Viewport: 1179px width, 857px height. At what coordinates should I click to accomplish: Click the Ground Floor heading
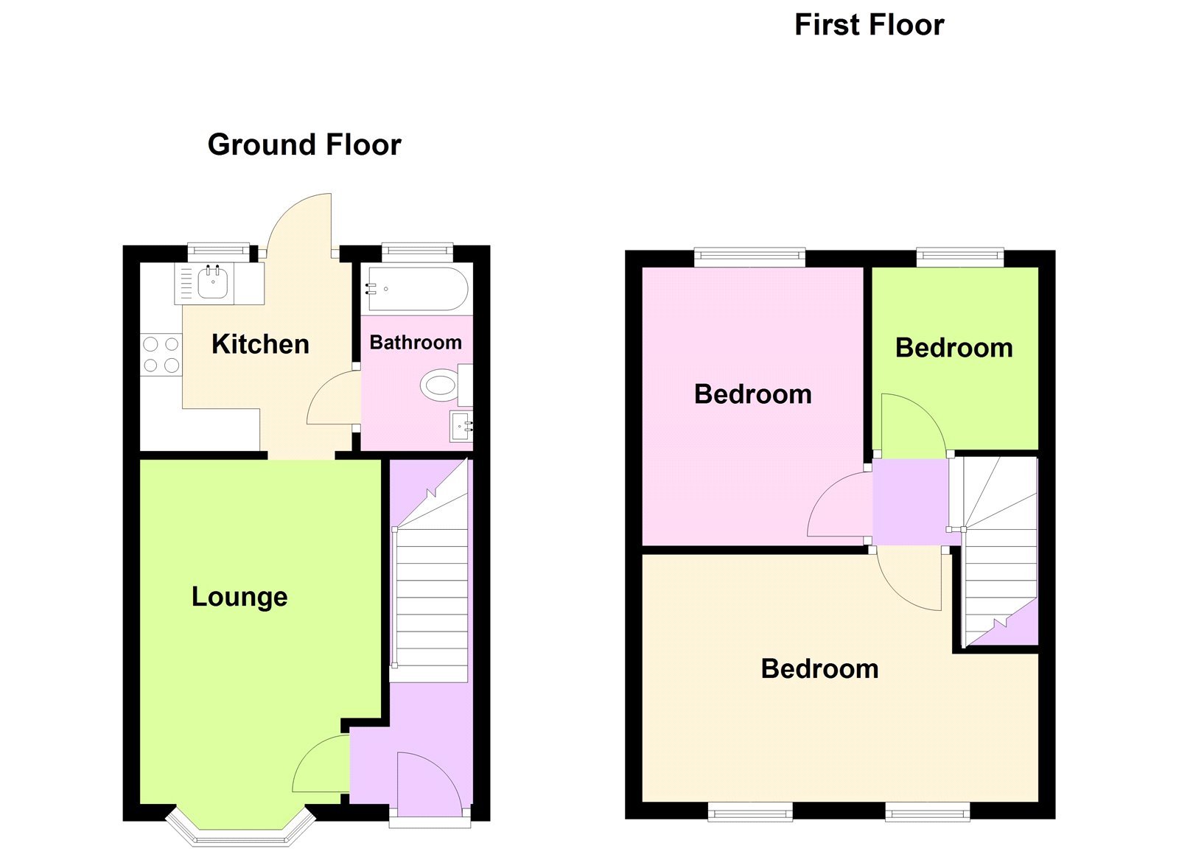tap(304, 144)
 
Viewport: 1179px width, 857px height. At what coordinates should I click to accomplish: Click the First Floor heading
tap(869, 25)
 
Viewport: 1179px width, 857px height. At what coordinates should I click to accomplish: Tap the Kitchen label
tap(260, 344)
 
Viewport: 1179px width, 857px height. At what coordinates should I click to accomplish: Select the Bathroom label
tap(416, 343)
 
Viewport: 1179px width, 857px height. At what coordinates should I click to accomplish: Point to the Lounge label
tap(239, 596)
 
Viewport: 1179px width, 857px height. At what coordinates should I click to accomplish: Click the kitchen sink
tap(212, 283)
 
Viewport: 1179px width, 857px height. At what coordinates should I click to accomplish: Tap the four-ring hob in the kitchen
tap(161, 354)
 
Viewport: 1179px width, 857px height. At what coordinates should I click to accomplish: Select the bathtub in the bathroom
tap(417, 289)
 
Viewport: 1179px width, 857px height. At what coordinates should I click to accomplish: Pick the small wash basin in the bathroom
tap(461, 427)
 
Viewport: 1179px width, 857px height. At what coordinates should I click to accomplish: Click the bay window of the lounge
tap(241, 831)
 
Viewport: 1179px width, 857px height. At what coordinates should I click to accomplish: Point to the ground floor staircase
tap(432, 590)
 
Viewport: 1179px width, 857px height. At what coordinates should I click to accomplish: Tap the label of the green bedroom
tap(954, 348)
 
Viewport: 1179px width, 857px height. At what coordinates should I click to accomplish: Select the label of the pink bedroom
tap(752, 394)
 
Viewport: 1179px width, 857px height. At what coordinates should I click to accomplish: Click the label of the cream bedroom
tap(819, 669)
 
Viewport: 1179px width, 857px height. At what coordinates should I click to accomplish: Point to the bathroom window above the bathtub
tap(417, 252)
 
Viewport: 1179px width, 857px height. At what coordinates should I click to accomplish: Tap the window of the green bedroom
tap(959, 257)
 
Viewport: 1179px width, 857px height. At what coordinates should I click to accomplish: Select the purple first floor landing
tap(911, 501)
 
